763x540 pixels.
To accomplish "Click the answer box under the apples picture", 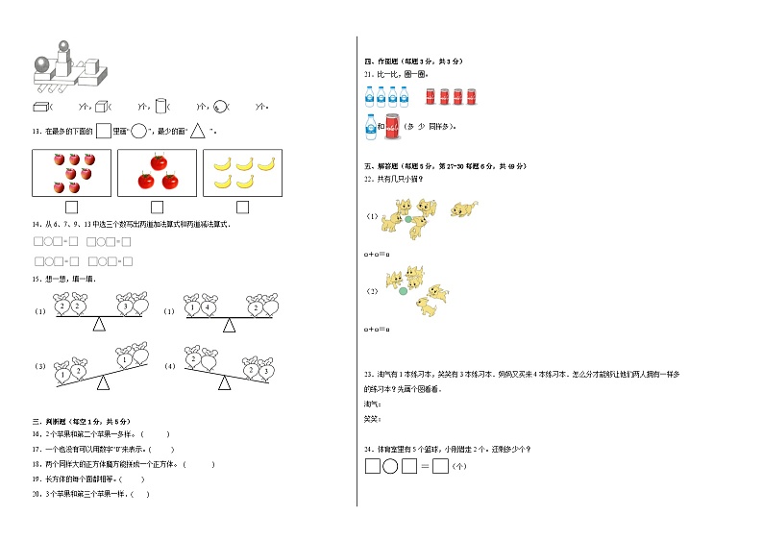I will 71,207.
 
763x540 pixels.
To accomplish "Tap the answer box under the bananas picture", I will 242,207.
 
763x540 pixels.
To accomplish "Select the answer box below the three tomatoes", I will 157,207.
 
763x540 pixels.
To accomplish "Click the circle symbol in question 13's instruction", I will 138,132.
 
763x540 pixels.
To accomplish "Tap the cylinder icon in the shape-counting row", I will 160,106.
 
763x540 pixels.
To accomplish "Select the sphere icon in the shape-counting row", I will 220,107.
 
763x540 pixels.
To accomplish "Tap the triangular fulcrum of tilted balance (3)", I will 102,384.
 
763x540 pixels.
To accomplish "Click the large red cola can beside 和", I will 396,126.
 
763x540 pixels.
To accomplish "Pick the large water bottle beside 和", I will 370,126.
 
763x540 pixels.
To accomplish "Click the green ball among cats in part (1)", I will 408,219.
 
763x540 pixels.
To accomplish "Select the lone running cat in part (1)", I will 465,208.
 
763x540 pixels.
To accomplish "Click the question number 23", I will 368,373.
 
